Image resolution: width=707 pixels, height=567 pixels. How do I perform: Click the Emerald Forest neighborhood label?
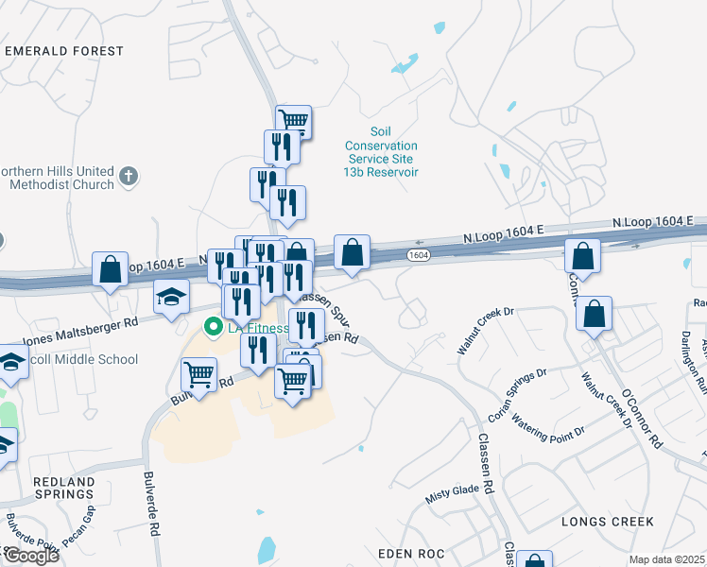[64, 51]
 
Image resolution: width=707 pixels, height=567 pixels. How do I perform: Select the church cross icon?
[129, 176]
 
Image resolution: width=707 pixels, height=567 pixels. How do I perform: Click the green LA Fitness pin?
[213, 328]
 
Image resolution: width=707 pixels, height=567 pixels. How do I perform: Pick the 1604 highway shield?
[419, 255]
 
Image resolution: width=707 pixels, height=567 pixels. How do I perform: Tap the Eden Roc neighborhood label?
[411, 552]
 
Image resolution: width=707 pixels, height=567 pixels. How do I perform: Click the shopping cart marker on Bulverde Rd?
[199, 374]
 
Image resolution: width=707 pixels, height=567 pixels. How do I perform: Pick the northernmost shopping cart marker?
[294, 120]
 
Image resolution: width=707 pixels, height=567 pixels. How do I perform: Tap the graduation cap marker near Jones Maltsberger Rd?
[171, 298]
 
